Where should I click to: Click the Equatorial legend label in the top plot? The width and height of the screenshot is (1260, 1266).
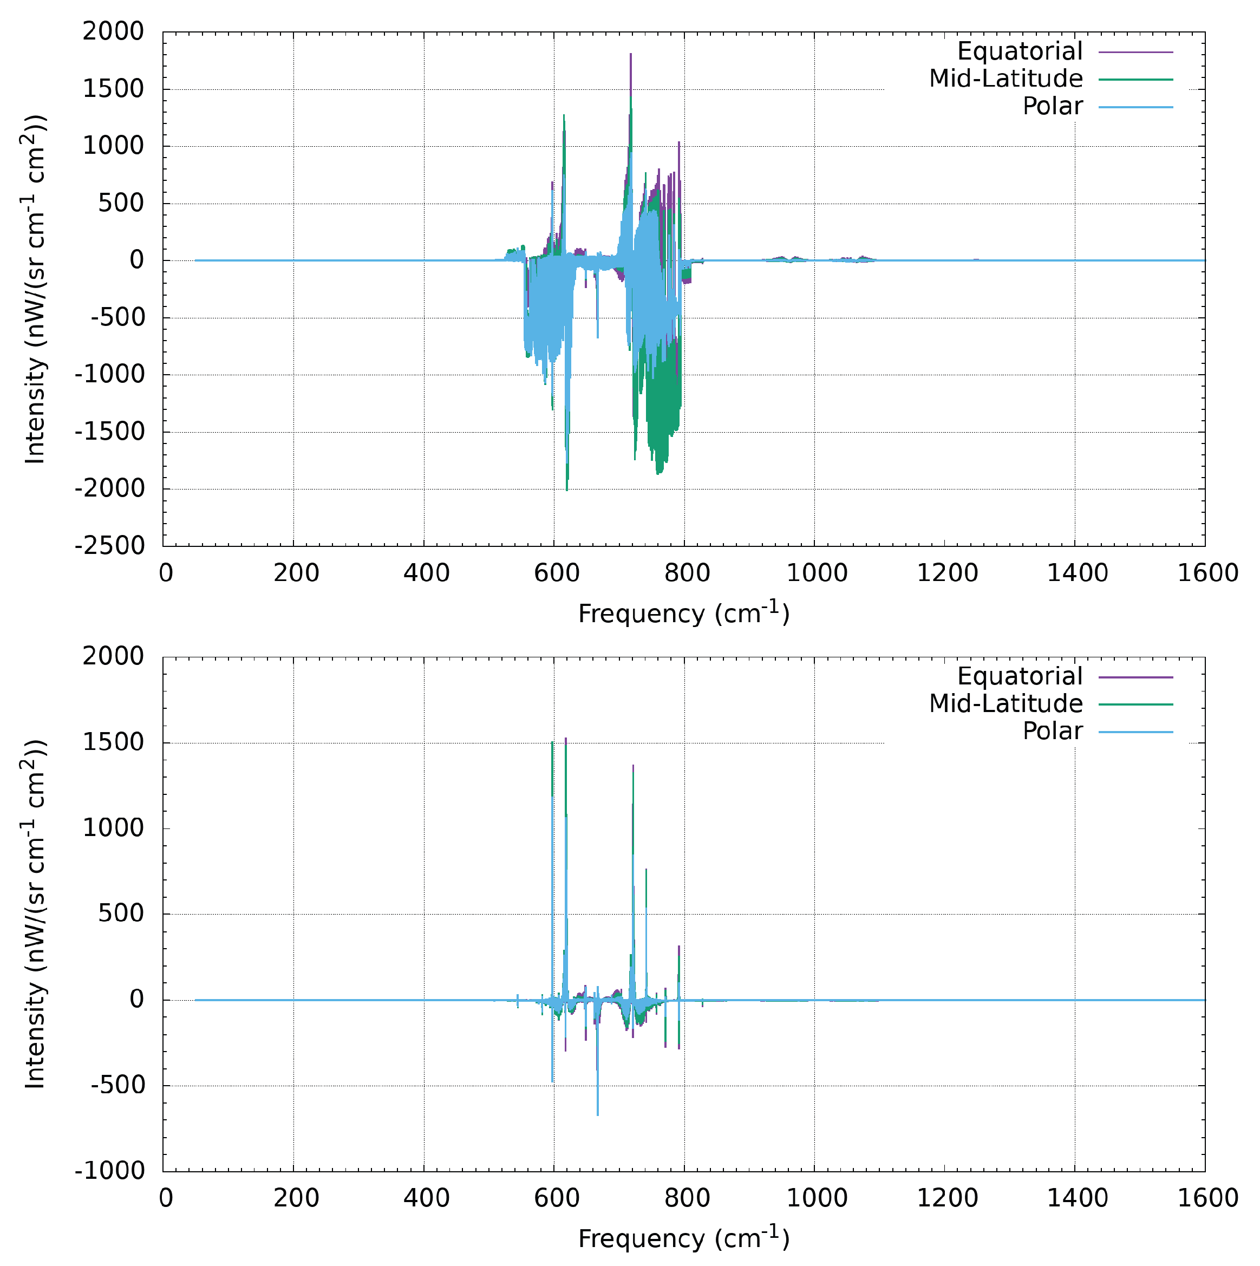point(1020,51)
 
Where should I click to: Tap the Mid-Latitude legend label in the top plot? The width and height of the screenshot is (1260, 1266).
point(1006,79)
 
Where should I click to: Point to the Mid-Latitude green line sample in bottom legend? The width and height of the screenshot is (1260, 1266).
point(1135,704)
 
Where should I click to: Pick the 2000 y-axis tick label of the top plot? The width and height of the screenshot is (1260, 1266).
point(113,31)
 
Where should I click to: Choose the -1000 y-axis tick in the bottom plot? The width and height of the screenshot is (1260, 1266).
point(109,1170)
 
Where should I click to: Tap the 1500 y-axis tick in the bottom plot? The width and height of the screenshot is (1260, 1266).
point(113,742)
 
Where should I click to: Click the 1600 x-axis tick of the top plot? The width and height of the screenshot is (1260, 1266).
point(1207,573)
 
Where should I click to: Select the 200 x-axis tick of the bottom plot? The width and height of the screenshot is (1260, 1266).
point(296,1198)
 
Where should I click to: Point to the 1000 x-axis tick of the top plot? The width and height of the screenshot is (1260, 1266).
point(817,573)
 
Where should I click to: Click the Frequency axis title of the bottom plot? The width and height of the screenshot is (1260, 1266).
point(683,1238)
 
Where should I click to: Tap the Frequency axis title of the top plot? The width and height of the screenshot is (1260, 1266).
point(683,614)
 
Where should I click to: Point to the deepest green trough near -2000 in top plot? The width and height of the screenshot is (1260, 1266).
point(567,489)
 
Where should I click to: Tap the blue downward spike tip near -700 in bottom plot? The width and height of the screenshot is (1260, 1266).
point(598,1114)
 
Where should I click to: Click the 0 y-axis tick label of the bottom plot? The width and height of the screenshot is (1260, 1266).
point(136,999)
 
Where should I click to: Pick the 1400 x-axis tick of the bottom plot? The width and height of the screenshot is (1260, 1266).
point(1076,1198)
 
